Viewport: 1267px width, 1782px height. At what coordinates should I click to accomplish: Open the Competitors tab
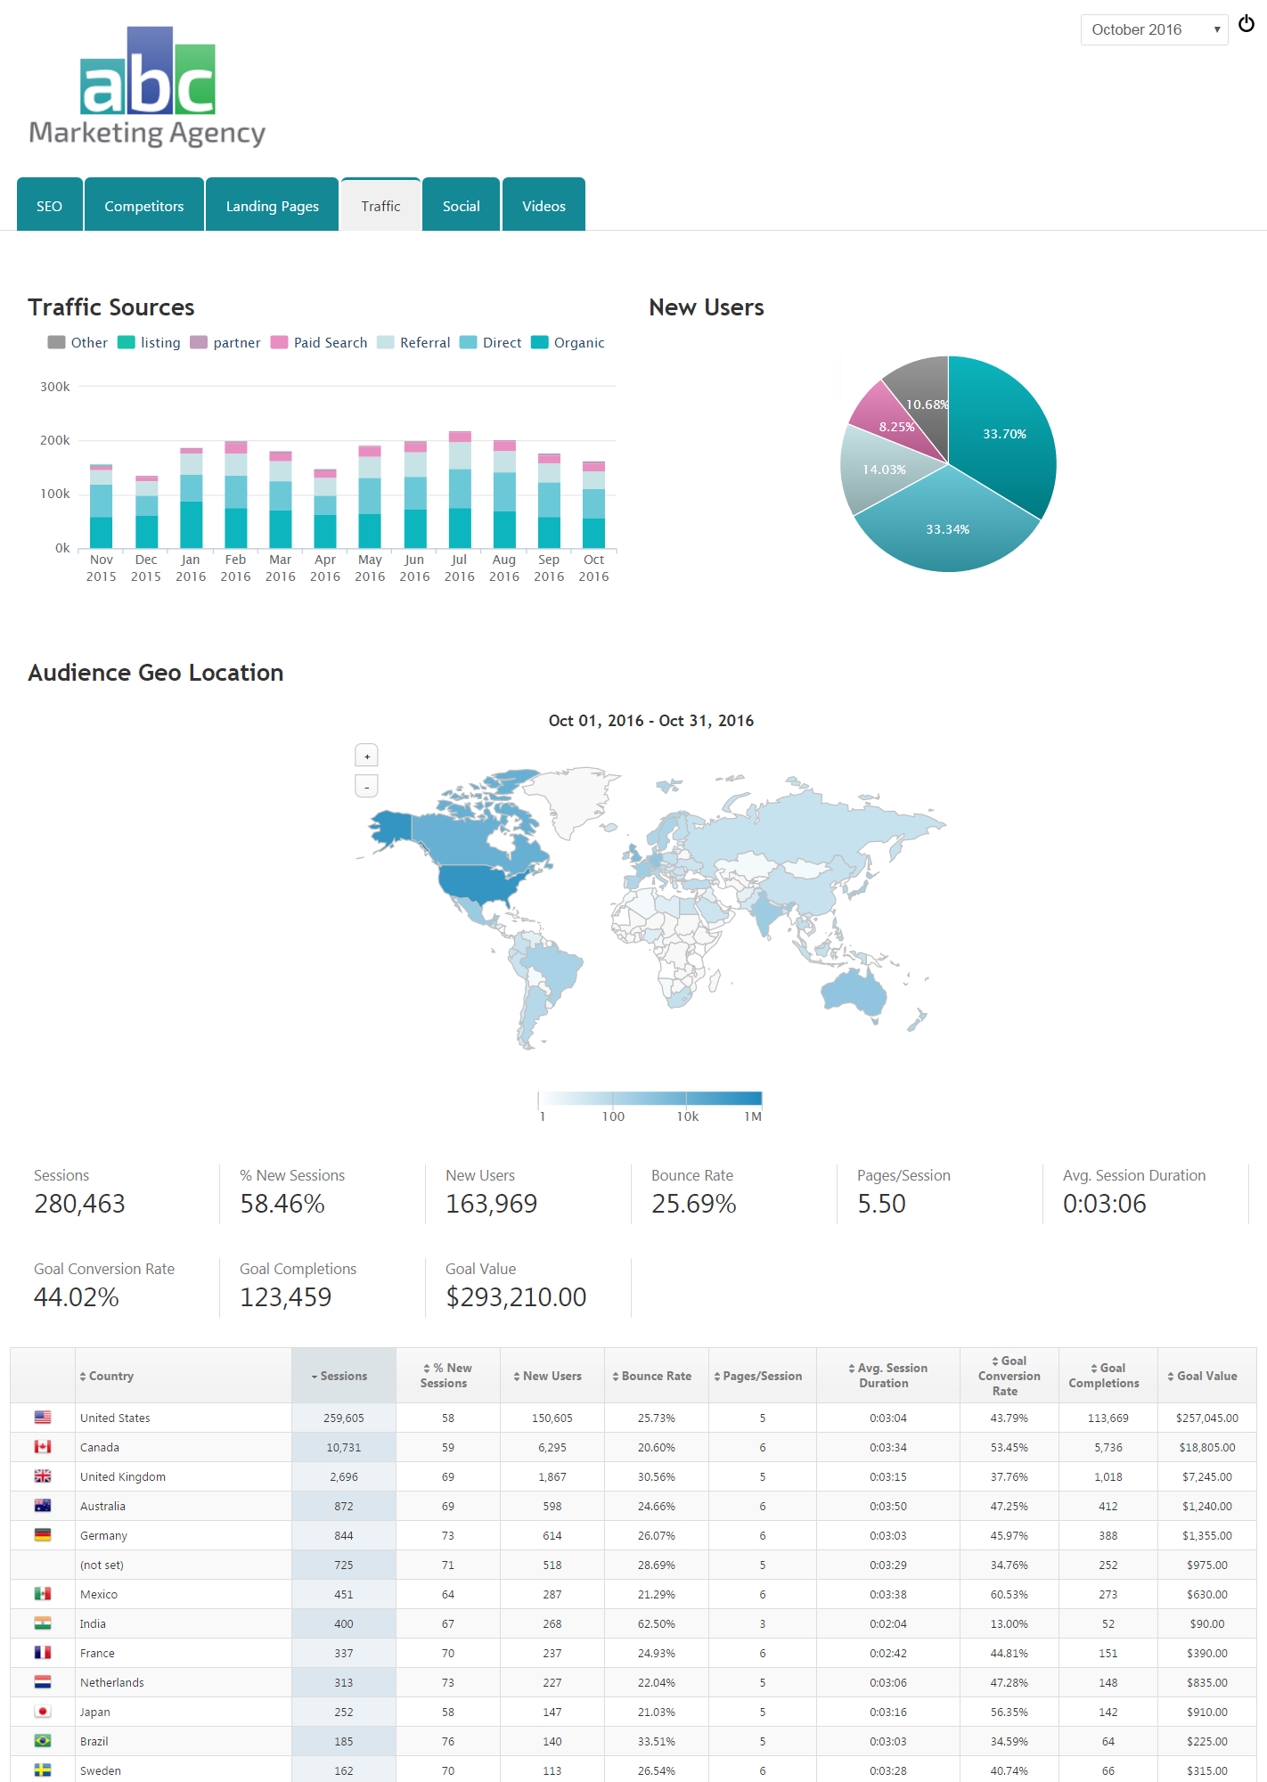click(143, 206)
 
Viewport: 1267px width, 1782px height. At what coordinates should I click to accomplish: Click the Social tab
click(461, 206)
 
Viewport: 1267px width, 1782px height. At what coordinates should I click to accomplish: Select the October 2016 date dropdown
click(1154, 29)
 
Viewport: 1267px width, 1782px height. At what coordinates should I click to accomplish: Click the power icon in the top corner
click(1247, 24)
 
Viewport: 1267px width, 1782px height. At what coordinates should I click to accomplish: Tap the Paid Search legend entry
click(330, 343)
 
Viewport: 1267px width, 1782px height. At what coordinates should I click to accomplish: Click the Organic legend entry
click(578, 343)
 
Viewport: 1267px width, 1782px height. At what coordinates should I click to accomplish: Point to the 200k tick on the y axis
click(55, 440)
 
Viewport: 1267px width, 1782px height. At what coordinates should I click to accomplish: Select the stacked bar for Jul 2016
click(460, 490)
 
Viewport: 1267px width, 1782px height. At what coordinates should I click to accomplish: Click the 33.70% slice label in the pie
click(1004, 434)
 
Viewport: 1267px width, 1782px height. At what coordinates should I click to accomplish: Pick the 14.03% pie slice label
click(884, 470)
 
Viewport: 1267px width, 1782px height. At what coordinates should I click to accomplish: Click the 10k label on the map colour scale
click(688, 1116)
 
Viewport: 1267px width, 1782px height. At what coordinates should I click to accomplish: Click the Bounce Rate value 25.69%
click(693, 1204)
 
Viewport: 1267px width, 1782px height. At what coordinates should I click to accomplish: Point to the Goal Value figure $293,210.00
click(516, 1297)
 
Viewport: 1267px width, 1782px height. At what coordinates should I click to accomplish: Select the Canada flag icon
click(43, 1447)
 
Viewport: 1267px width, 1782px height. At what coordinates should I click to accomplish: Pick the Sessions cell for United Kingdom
click(344, 1476)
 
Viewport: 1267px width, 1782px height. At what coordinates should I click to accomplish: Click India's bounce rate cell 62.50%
click(657, 1623)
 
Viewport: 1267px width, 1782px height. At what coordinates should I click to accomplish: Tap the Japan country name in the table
click(95, 1712)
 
